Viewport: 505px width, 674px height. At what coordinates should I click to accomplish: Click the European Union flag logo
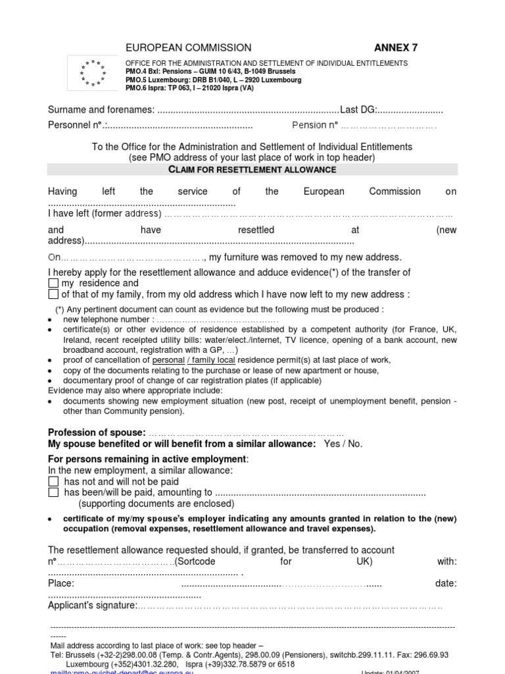click(93, 73)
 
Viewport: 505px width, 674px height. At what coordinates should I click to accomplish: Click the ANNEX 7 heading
click(395, 47)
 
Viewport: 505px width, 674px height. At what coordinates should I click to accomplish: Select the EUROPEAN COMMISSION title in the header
click(188, 47)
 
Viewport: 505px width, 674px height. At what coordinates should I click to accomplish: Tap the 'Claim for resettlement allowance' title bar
click(252, 170)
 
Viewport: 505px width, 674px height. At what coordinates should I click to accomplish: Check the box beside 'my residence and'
click(54, 284)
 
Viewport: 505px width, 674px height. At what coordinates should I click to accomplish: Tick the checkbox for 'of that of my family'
click(54, 294)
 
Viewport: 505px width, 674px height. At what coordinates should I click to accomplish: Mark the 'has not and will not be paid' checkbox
click(54, 482)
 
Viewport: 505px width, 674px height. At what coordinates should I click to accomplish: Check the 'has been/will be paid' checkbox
click(54, 492)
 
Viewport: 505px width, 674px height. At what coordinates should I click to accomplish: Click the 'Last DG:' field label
click(358, 109)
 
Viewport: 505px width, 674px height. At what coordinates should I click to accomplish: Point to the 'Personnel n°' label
click(76, 125)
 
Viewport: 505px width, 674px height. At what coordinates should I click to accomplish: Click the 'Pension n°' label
click(314, 125)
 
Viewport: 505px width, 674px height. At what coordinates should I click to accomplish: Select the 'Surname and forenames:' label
click(101, 109)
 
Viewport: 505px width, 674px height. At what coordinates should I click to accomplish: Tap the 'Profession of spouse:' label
click(97, 432)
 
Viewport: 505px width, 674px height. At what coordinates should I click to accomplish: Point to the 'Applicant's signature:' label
click(92, 605)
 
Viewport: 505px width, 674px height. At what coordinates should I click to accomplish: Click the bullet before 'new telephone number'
click(51, 320)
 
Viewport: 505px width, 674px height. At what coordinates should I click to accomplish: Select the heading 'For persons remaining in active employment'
click(148, 459)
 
